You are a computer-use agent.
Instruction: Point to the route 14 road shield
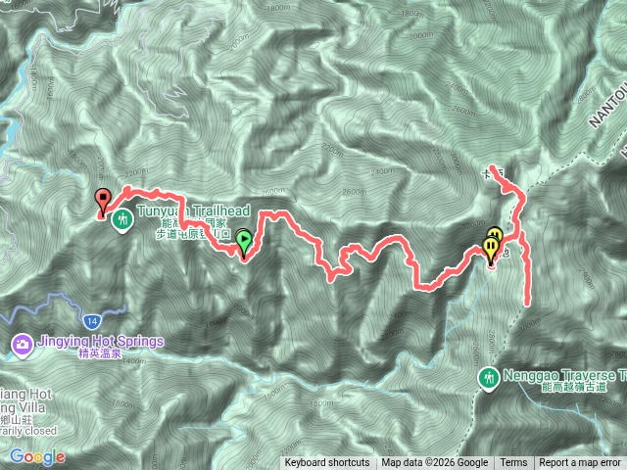click(x=91, y=321)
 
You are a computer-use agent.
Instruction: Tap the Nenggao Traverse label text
click(x=564, y=375)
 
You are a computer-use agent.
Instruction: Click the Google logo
click(x=36, y=457)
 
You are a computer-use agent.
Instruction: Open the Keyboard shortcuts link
click(x=327, y=463)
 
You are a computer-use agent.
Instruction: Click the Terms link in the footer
click(x=513, y=463)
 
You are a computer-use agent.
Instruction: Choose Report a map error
click(x=580, y=463)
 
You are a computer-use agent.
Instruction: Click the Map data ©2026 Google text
click(x=435, y=463)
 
